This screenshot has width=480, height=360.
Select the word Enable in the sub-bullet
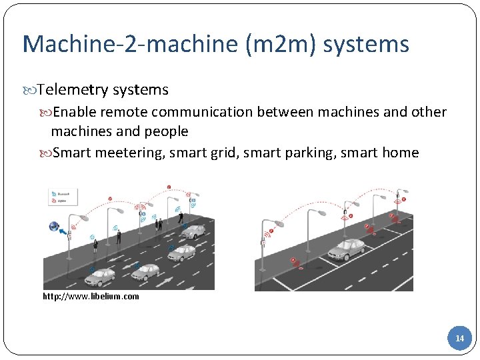75,112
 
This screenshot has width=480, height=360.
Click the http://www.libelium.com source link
91,297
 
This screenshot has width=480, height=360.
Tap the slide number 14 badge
459,339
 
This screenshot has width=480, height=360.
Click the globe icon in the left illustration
54,227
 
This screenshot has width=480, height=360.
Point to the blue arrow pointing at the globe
65,233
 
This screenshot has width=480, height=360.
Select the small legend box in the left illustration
63,196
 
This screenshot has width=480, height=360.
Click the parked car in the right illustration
347,249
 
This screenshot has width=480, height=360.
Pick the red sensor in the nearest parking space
295,262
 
